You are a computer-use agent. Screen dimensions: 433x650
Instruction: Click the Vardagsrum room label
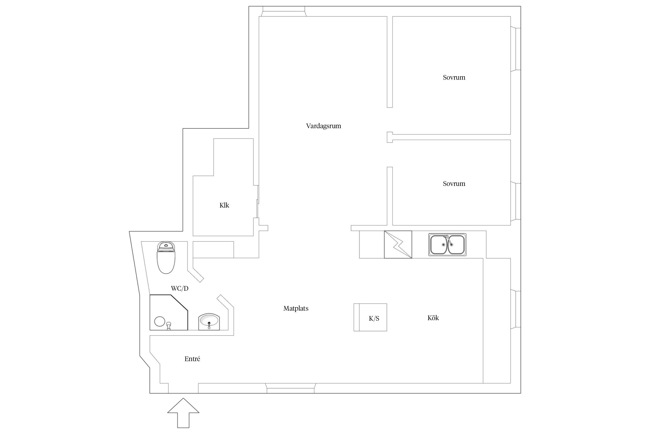[324, 126]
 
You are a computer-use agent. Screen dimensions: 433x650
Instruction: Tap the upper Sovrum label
[454, 77]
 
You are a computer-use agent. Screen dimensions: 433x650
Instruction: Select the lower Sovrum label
[454, 184]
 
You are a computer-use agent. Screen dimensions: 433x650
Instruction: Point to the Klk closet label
[224, 205]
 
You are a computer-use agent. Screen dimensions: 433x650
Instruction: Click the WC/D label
[180, 288]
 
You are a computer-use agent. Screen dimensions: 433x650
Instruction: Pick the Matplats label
[296, 309]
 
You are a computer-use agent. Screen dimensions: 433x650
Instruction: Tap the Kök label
[433, 318]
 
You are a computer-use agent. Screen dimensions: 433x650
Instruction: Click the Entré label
[192, 359]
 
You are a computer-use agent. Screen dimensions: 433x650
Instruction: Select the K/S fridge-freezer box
[370, 317]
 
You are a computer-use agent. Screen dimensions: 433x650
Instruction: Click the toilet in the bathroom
[166, 257]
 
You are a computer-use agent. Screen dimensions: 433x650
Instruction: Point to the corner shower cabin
[168, 312]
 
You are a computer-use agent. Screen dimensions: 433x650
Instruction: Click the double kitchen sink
[447, 245]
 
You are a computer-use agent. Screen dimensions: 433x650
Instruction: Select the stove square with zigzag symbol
[398, 245]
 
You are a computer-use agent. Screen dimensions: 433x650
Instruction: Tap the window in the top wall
[284, 12]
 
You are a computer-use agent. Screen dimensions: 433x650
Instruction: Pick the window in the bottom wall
[290, 388]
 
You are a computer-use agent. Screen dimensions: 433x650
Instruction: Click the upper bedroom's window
[516, 49]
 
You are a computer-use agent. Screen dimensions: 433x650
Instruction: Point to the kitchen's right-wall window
[516, 309]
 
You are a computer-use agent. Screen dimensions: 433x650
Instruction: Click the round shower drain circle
[159, 321]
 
